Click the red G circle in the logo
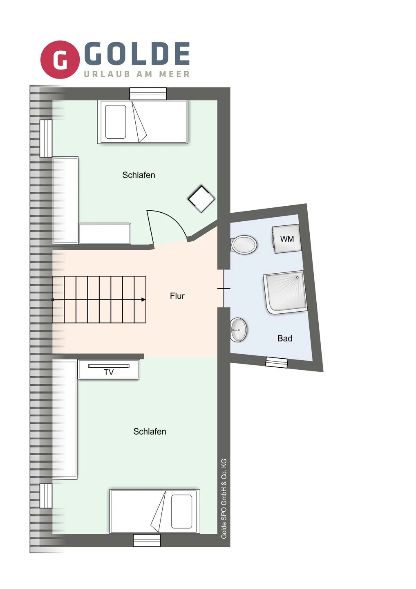(x=60, y=59)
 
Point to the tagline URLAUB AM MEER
(x=137, y=74)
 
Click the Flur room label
(x=177, y=296)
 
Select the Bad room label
(x=285, y=338)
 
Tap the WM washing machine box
(x=287, y=238)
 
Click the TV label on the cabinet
(x=109, y=372)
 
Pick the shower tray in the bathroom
(x=285, y=292)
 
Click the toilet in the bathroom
(x=244, y=245)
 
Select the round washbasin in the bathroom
(x=239, y=330)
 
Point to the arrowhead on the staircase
(x=143, y=299)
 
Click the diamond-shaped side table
(x=201, y=199)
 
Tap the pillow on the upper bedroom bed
(x=116, y=122)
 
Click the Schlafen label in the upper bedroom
(x=139, y=175)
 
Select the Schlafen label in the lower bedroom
(x=150, y=432)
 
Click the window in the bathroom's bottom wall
(x=277, y=362)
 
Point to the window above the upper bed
(x=148, y=94)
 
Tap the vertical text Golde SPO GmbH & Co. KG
(x=224, y=499)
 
